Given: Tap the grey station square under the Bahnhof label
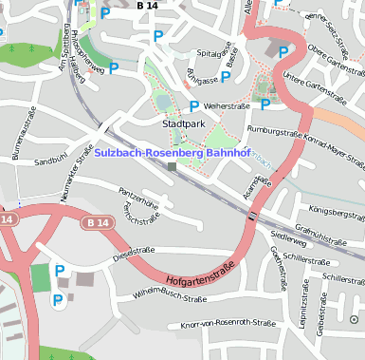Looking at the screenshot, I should click(172, 167).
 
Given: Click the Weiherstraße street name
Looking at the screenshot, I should click(227, 106).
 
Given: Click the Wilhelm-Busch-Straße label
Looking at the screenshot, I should click(170, 297).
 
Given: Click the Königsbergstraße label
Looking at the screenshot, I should click(338, 211).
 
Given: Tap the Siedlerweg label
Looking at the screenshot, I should click(288, 233).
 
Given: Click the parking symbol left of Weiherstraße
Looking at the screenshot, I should click(194, 106).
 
